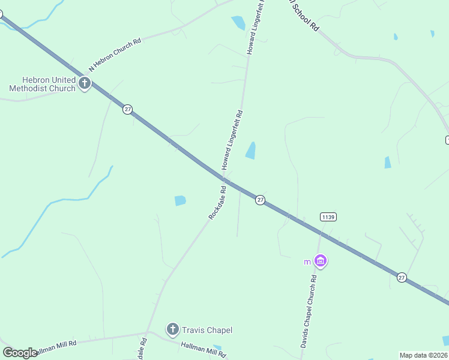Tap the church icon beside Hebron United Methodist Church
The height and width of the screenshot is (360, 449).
click(x=85, y=83)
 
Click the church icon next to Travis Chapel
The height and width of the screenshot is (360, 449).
click(x=173, y=329)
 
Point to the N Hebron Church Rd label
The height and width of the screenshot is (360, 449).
click(x=115, y=53)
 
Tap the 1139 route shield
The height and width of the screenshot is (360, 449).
click(x=328, y=217)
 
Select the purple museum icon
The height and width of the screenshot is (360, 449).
click(x=321, y=261)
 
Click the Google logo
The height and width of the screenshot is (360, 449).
click(x=20, y=353)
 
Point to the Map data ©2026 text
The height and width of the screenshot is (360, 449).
click(x=423, y=355)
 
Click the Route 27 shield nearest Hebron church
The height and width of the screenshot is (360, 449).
click(x=127, y=109)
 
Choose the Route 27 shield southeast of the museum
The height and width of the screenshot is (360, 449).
click(x=402, y=277)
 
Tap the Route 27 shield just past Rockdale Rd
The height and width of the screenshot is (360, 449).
click(x=260, y=200)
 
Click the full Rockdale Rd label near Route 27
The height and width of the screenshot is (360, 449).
click(x=217, y=203)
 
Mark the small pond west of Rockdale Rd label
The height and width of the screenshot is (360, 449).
click(x=180, y=200)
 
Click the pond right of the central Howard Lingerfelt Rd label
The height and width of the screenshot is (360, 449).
click(x=251, y=150)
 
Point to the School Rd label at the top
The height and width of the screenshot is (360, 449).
click(x=304, y=14)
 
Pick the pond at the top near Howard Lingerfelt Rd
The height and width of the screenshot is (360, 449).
click(x=238, y=23)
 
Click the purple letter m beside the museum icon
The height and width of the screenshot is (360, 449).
click(x=307, y=262)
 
